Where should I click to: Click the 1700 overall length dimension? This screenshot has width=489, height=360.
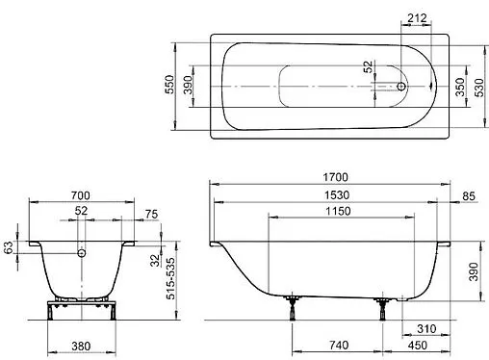[x=334, y=177]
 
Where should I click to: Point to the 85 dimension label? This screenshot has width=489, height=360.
[x=469, y=197]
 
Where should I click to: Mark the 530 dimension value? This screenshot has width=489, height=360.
[x=479, y=86]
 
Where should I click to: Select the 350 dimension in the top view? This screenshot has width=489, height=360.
[x=459, y=86]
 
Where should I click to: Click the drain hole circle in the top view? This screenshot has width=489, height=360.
[x=400, y=87]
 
